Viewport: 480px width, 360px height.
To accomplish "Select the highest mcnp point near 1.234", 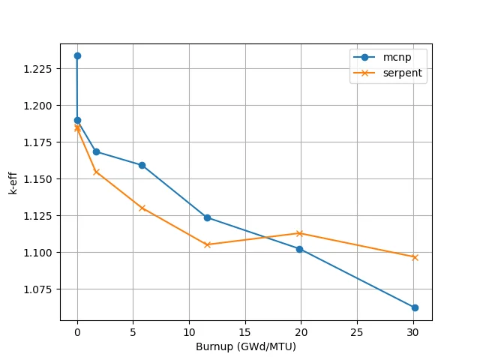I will tap(77, 55).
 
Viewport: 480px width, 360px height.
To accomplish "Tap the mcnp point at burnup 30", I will tap(415, 307).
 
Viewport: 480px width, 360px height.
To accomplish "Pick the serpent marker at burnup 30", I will tap(415, 257).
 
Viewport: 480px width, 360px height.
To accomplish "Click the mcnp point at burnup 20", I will tap(300, 249).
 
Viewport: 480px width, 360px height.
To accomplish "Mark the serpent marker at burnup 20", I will tap(300, 233).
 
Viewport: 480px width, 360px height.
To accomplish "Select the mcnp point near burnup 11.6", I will tap(207, 217).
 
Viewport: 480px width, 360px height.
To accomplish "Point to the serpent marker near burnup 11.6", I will tap(208, 244).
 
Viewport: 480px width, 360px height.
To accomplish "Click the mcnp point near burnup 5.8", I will tap(142, 165).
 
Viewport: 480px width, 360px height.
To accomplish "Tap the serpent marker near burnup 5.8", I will tap(142, 208).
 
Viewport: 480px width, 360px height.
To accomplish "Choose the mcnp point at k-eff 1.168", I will tap(96, 151).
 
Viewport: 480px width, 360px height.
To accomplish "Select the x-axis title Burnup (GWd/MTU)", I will tap(246, 346).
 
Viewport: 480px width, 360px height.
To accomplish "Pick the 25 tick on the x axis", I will tap(357, 331).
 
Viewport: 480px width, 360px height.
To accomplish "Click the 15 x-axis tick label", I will tap(245, 331).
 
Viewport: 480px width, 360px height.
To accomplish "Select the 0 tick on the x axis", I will tap(77, 331).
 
